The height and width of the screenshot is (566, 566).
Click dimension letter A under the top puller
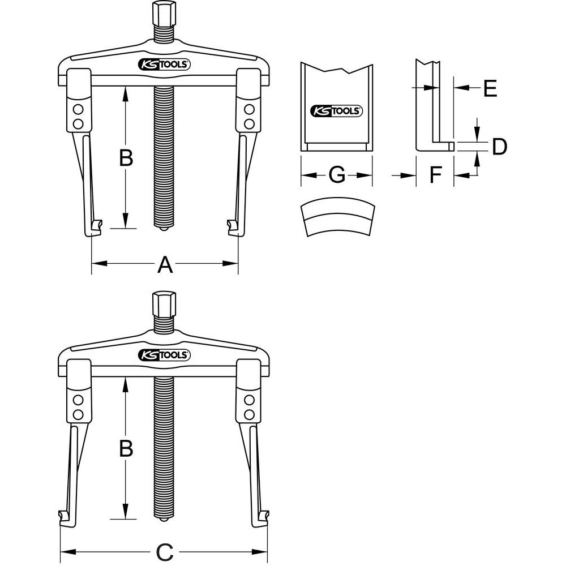point(165,264)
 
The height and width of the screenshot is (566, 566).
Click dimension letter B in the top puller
point(126,157)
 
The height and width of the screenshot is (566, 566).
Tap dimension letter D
point(499,147)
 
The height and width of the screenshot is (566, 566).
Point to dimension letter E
point(490,88)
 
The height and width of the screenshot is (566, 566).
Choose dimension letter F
point(435,175)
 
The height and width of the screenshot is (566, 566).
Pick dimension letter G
point(337,175)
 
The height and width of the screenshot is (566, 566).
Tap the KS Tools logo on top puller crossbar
point(165,65)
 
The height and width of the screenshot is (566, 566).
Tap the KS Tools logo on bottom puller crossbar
point(165,355)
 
